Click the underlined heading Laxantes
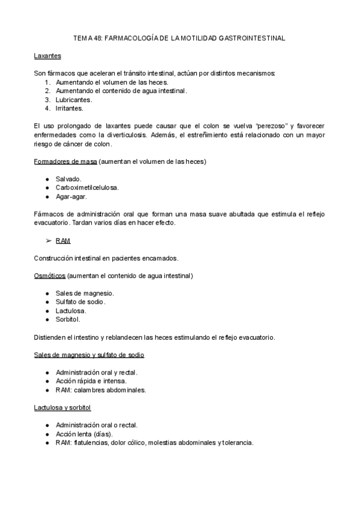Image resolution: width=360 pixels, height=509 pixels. coord(47,56)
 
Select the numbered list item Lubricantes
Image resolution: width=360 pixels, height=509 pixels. coord(74,99)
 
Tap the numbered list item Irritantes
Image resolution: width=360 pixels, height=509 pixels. coord(70,108)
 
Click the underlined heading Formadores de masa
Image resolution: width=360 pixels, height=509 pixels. coord(65,161)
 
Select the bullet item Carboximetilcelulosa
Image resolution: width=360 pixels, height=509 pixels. coord(87,187)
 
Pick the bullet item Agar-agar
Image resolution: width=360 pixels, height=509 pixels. coord(71,196)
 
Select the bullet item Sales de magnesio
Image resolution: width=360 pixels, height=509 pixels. coord(84,293)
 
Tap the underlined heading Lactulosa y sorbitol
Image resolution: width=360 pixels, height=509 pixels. coord(62,408)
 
